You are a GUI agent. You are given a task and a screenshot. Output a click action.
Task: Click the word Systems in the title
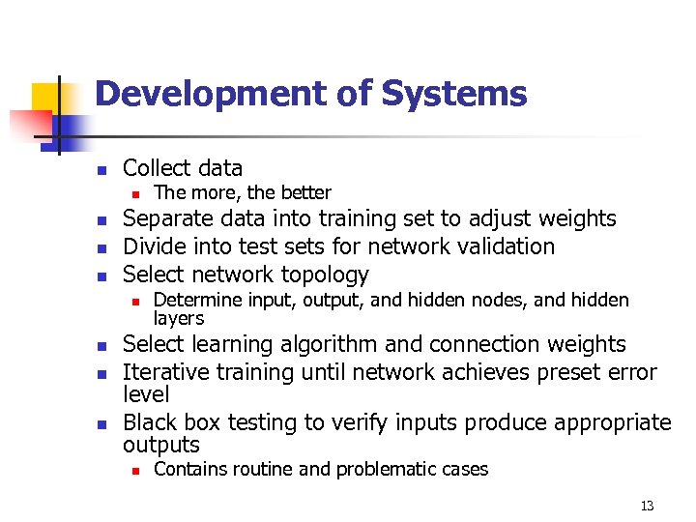454,94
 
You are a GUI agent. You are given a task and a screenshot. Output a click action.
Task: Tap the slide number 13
647,506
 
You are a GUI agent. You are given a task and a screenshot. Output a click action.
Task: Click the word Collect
155,167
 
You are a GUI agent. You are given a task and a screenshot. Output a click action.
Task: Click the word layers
179,318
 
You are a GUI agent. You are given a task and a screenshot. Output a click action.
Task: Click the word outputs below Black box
161,445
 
